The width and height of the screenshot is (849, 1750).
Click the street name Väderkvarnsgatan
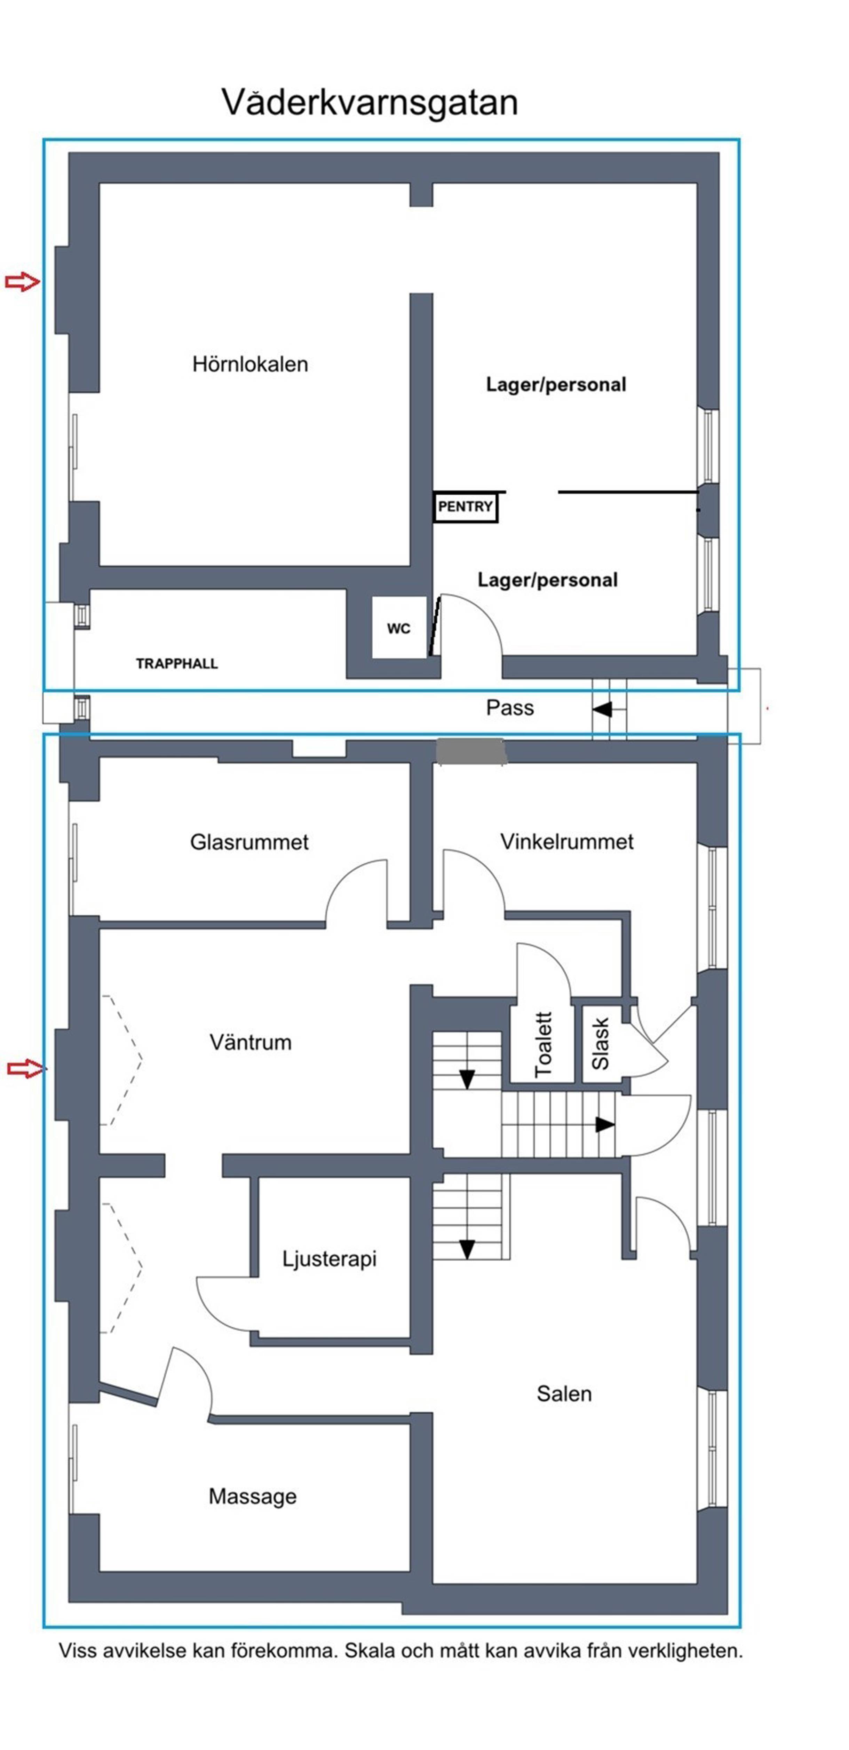tap(370, 103)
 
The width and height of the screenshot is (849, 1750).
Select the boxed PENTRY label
tap(465, 507)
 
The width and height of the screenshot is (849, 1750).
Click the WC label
tap(399, 629)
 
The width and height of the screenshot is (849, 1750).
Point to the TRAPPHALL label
tap(177, 664)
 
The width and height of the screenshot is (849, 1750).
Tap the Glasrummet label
tap(249, 842)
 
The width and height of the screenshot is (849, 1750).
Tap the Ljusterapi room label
tap(330, 1259)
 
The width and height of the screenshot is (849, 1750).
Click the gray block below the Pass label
tap(471, 752)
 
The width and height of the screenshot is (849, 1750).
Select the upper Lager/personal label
tap(556, 385)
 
